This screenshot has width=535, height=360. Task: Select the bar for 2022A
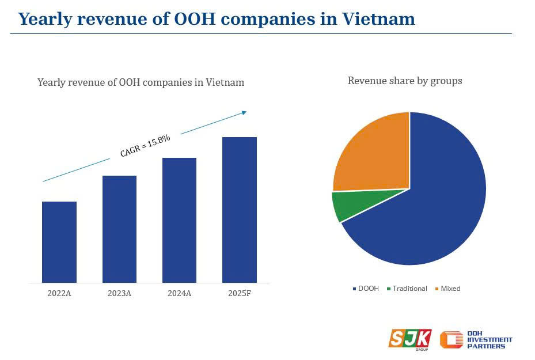point(59,242)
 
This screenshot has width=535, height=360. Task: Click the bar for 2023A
point(119,229)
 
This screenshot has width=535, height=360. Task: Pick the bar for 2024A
point(179,220)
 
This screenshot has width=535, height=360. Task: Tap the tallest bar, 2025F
point(240,210)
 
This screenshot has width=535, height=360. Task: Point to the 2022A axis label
point(59,293)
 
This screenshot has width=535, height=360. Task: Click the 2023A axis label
point(119,293)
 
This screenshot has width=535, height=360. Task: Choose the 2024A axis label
point(179,293)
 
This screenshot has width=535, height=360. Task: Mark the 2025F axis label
point(240,293)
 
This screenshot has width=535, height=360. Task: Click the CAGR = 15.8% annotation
point(145,145)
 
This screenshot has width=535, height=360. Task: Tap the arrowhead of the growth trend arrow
point(244,112)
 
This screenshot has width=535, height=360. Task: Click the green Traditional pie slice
point(343,206)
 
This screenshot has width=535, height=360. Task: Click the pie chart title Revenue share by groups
point(405,81)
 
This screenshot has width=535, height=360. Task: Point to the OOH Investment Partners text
point(490,340)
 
